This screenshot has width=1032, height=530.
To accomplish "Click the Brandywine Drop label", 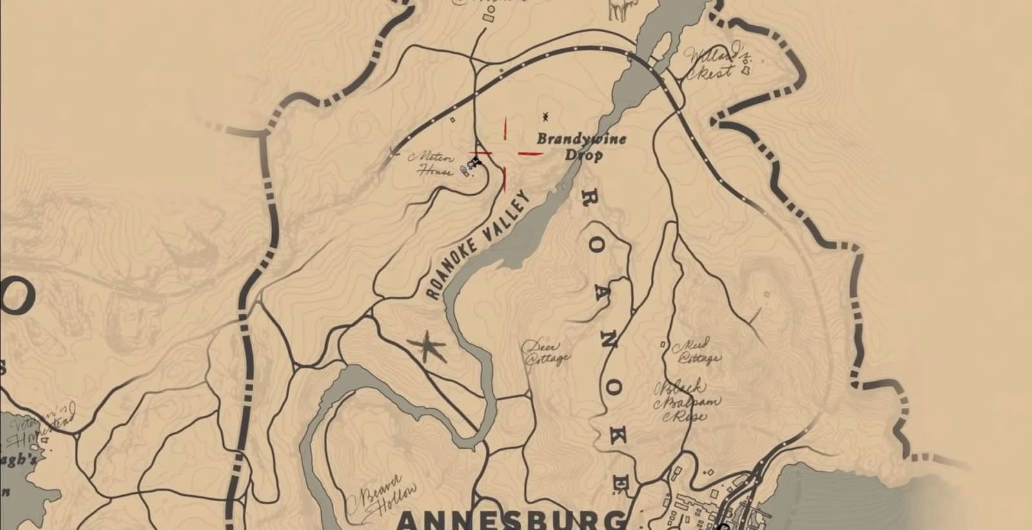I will (x=580, y=147).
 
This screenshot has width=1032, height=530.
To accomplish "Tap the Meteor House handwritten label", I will (x=437, y=164).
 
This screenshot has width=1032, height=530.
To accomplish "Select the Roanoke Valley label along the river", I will (x=478, y=245).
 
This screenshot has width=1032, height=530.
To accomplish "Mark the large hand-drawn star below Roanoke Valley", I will (x=426, y=349).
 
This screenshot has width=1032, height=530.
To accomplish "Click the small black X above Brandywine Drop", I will (x=546, y=117).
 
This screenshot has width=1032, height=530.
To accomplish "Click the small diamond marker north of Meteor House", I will (x=452, y=119).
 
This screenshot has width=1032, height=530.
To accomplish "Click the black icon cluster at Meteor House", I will (x=474, y=163).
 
